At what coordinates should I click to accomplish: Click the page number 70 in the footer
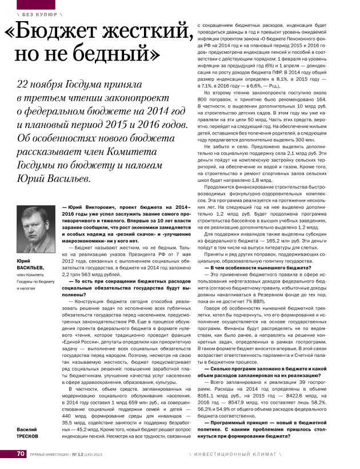pos(20,454)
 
